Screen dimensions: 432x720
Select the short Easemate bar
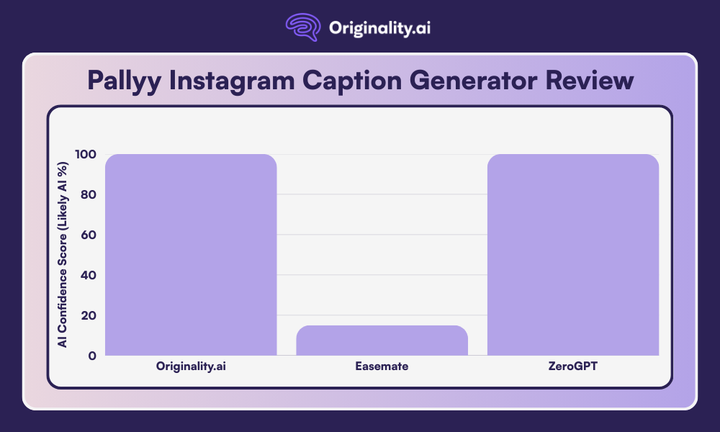pos(382,340)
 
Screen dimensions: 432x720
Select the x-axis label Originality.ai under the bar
pos(191,366)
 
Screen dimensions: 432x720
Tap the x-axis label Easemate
pos(382,366)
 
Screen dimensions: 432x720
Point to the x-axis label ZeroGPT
pos(573,366)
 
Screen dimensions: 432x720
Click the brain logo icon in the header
pos(302,28)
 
